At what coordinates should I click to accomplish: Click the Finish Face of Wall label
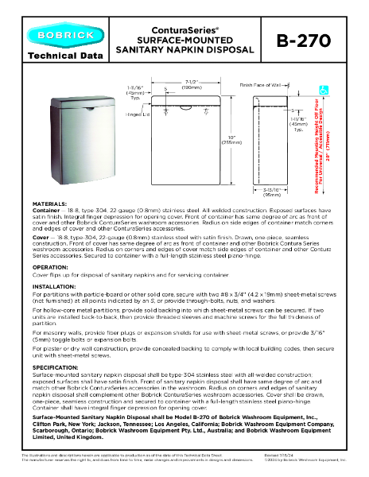[x=262, y=82]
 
